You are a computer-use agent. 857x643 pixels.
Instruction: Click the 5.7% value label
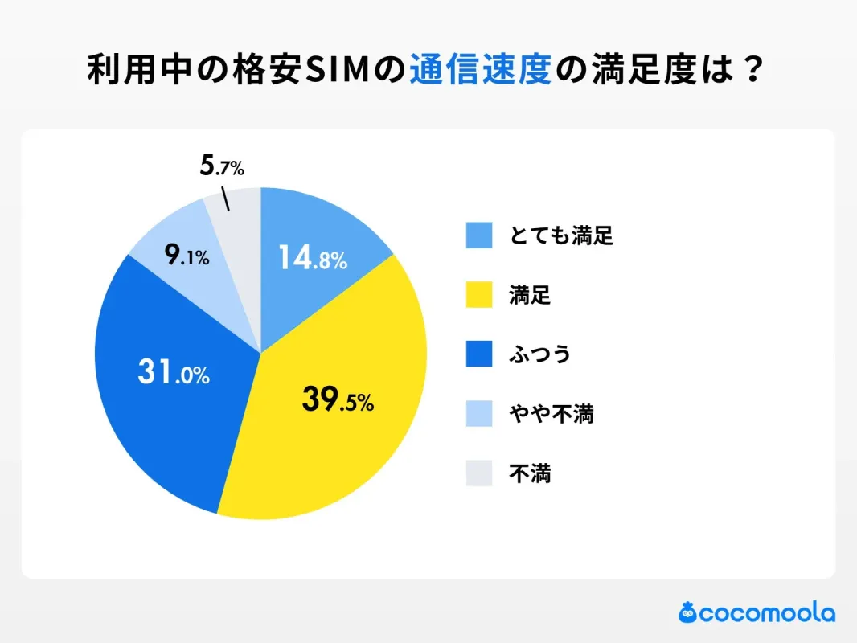click(x=221, y=167)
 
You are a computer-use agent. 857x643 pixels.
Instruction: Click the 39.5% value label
click(x=338, y=399)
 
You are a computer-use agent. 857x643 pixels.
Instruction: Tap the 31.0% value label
click(x=173, y=373)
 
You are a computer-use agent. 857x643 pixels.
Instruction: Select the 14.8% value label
click(x=312, y=258)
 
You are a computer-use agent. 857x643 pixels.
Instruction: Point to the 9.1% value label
click(x=187, y=256)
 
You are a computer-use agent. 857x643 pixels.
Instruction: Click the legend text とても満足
click(x=560, y=235)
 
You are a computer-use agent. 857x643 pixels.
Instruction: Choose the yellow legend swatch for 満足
click(x=478, y=295)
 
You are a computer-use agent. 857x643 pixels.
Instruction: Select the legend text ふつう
click(x=539, y=354)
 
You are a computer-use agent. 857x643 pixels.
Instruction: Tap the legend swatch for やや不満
click(x=478, y=414)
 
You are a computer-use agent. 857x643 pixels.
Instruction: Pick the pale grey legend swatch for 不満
click(x=478, y=473)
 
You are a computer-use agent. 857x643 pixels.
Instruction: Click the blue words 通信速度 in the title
click(x=480, y=71)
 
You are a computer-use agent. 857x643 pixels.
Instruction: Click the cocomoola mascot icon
click(x=687, y=612)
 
